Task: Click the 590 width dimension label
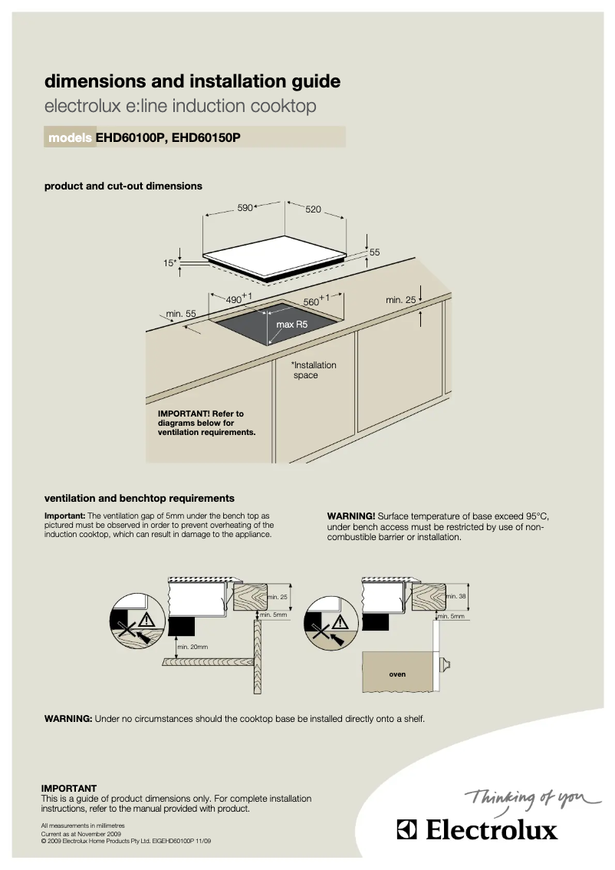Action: tap(244, 208)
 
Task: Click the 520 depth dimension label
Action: tap(313, 209)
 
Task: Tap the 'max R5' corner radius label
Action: tap(291, 325)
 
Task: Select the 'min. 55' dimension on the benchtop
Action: tap(181, 314)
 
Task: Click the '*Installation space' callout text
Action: tap(313, 371)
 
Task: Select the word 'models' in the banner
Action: tap(71, 138)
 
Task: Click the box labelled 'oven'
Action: tap(396, 674)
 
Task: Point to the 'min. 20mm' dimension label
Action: tap(192, 647)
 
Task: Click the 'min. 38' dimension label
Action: tap(456, 596)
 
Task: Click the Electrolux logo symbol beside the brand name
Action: tap(407, 830)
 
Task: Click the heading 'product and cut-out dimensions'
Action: tap(123, 186)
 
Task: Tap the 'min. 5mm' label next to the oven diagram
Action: tap(451, 616)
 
